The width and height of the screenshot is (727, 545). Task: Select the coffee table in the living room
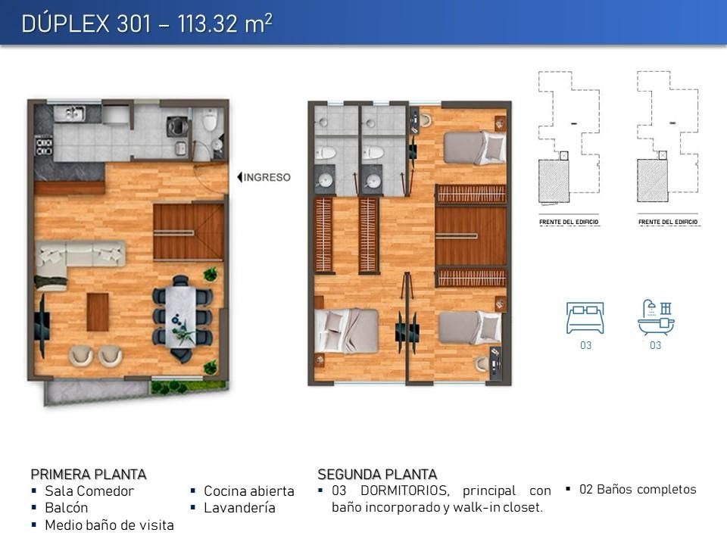(x=98, y=312)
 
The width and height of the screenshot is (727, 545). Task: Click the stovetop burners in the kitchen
(x=44, y=145)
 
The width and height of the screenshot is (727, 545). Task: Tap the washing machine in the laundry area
(x=176, y=126)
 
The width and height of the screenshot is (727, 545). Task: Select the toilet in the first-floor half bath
(x=210, y=120)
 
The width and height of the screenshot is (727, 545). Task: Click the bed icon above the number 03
(x=585, y=318)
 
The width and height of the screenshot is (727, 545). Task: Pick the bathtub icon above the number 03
(x=656, y=317)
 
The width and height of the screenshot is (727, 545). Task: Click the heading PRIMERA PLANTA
(x=89, y=475)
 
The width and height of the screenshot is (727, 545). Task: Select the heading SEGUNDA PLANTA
(x=377, y=475)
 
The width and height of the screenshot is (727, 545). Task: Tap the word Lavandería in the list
(x=239, y=508)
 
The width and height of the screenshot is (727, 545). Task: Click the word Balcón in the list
(x=67, y=508)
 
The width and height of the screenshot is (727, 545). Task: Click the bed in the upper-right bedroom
(x=474, y=148)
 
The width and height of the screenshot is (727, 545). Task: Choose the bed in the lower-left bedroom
(x=346, y=331)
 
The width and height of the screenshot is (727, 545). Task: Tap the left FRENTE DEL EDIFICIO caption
(x=569, y=222)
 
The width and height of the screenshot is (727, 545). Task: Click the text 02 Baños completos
(x=638, y=490)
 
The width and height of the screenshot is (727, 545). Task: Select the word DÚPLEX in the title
(x=65, y=23)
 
